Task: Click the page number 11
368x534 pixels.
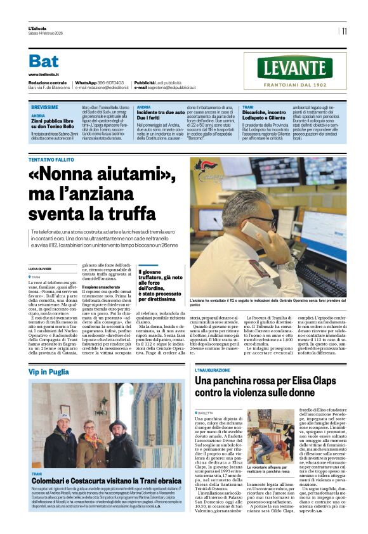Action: pyautogui.click(x=344, y=30)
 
